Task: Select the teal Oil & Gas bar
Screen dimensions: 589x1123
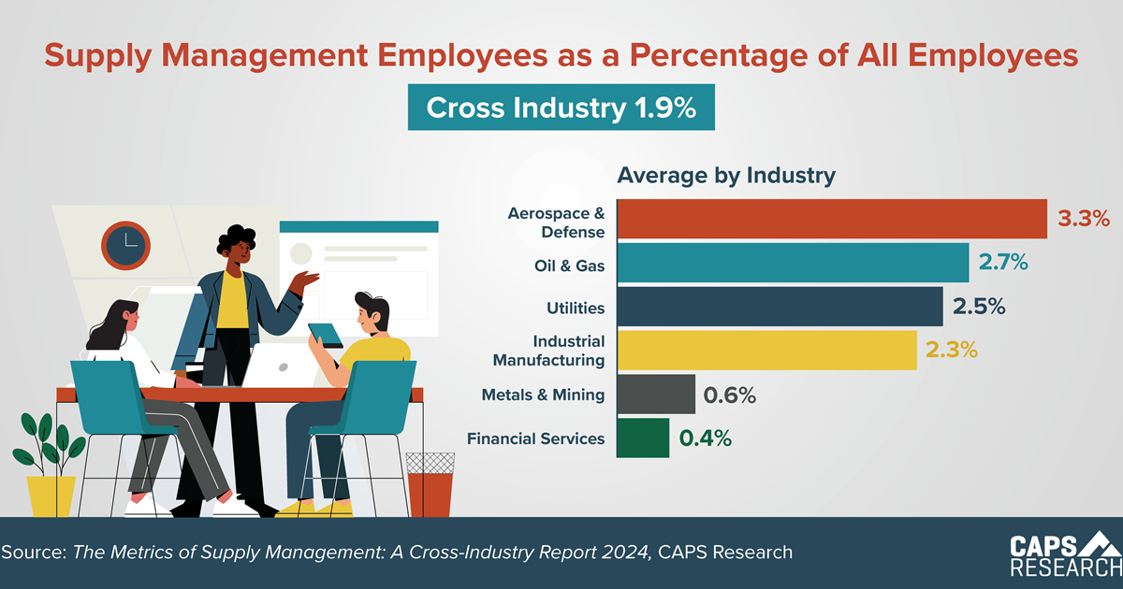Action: click(x=792, y=263)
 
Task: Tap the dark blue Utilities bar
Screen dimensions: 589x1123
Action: click(x=779, y=307)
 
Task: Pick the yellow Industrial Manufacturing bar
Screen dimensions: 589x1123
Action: click(x=766, y=350)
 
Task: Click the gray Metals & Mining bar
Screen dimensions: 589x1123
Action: click(x=655, y=394)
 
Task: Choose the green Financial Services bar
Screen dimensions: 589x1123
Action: click(x=642, y=438)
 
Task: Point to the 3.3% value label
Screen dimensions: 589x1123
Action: click(x=1084, y=219)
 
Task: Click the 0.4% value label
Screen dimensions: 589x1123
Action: click(x=706, y=438)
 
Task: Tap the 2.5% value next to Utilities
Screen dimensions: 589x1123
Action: click(x=979, y=307)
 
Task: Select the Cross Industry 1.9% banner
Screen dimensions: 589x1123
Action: click(x=561, y=108)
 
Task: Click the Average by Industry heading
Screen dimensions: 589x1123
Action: click(x=725, y=175)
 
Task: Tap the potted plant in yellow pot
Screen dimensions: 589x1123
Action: click(x=49, y=467)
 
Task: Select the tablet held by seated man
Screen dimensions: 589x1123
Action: click(x=327, y=334)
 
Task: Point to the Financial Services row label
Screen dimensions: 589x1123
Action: click(x=536, y=438)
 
